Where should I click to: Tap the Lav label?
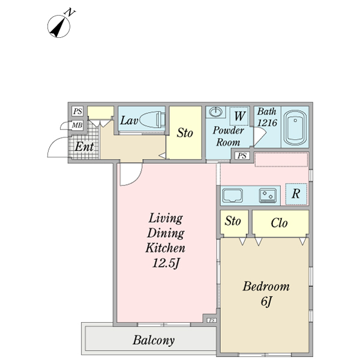[128, 121]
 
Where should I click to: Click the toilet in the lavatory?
[152, 119]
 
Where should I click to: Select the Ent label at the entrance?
[83, 147]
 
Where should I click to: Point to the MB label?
[77, 126]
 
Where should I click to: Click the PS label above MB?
[77, 112]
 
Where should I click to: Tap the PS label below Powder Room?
[242, 156]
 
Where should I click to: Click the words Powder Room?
[229, 136]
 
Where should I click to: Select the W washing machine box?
[239, 115]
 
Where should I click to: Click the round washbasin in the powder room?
[215, 112]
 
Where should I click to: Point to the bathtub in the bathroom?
[294, 127]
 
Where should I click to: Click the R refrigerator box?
[296, 194]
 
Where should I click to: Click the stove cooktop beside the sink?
[267, 194]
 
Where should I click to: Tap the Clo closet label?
[279, 223]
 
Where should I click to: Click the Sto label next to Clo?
[233, 222]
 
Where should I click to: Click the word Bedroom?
[266, 287]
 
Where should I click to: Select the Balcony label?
[154, 341]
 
